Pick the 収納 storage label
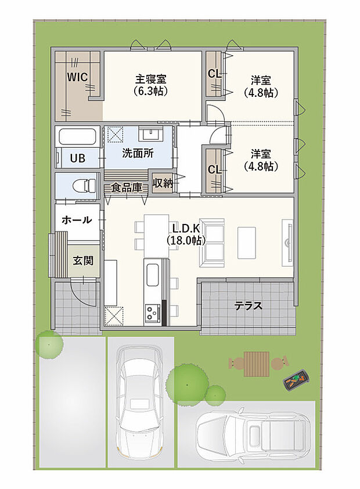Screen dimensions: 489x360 pos(162,183)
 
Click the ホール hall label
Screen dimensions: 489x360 pos(76,220)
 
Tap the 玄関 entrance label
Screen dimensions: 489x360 pos(82,260)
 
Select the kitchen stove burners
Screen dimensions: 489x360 pos(152,314)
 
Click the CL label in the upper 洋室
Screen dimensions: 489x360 pos(214,74)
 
